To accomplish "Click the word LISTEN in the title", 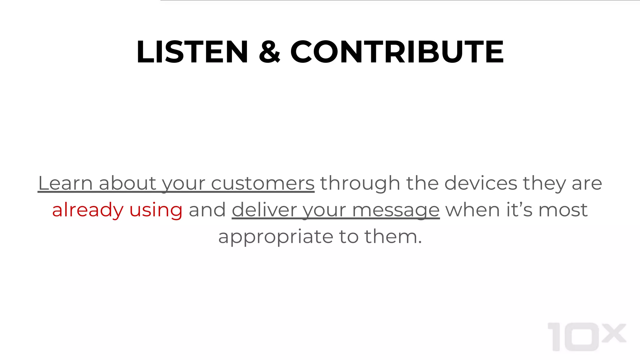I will [192, 52].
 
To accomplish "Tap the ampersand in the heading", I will [269, 52].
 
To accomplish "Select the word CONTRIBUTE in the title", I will [397, 52].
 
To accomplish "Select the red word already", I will [88, 210].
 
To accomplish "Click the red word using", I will [156, 210].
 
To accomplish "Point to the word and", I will [207, 210].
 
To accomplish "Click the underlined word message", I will [396, 210].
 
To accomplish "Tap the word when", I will [472, 210].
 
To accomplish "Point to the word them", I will [393, 237].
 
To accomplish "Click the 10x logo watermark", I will [587, 337].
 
